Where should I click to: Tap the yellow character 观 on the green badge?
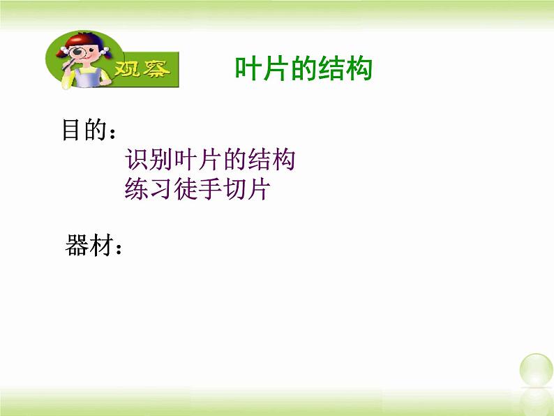pos(125,70)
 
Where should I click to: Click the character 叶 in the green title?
pos(248,69)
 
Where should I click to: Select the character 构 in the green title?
pos(359,69)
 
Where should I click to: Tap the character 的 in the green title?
pos(304,69)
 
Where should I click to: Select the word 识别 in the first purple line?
pos(151,161)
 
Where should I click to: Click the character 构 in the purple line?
pos(282,161)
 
